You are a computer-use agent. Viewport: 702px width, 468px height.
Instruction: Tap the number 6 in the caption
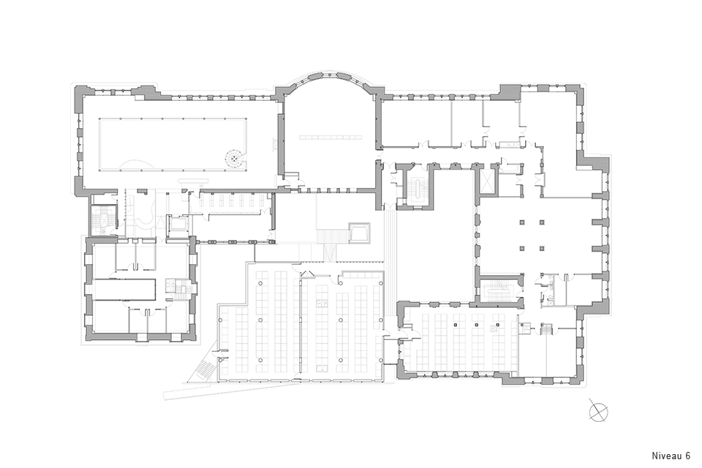(687, 456)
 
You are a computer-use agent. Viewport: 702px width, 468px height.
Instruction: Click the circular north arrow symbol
(599, 409)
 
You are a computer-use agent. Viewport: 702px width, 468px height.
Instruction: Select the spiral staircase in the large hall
(234, 157)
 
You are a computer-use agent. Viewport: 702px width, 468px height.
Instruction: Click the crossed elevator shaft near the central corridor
(487, 181)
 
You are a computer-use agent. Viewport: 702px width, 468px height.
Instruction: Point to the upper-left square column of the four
(521, 222)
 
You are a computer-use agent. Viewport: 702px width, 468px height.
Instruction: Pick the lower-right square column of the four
(541, 248)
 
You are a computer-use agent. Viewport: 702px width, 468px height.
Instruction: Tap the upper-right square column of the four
(541, 222)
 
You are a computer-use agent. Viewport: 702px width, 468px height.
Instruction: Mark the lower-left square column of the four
(521, 248)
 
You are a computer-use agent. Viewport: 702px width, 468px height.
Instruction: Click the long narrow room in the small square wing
(124, 290)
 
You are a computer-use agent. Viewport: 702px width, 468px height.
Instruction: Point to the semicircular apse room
(328, 135)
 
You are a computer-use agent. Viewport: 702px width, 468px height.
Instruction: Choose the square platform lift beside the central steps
(359, 233)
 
